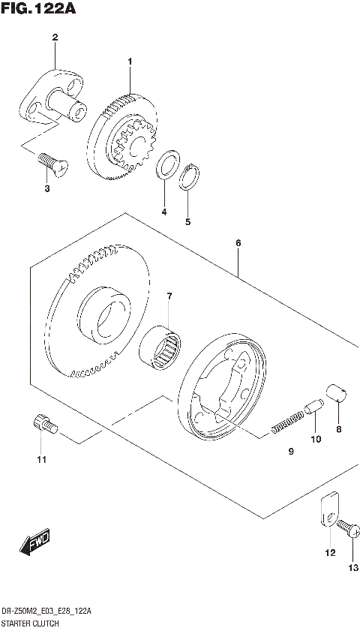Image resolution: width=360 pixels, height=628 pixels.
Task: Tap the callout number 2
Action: pos(54,38)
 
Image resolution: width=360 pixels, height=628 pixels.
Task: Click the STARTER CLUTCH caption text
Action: pos(34,622)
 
